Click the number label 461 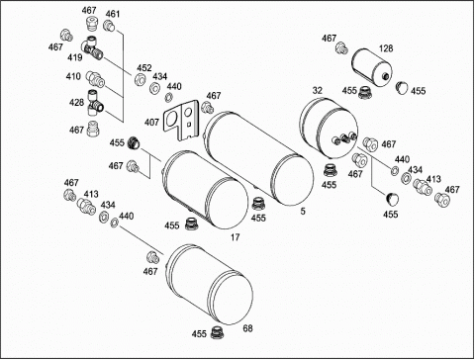[113, 14]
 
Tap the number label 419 [75, 57]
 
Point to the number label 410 [73, 76]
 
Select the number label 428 [76, 102]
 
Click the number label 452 [144, 67]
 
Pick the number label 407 [151, 123]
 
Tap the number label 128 [386, 48]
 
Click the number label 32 [318, 90]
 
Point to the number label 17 [235, 237]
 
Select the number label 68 [247, 328]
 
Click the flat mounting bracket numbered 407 [181, 121]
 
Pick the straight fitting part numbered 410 [95, 80]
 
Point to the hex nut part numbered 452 [140, 79]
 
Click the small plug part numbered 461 [109, 26]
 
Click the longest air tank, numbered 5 [259, 157]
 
